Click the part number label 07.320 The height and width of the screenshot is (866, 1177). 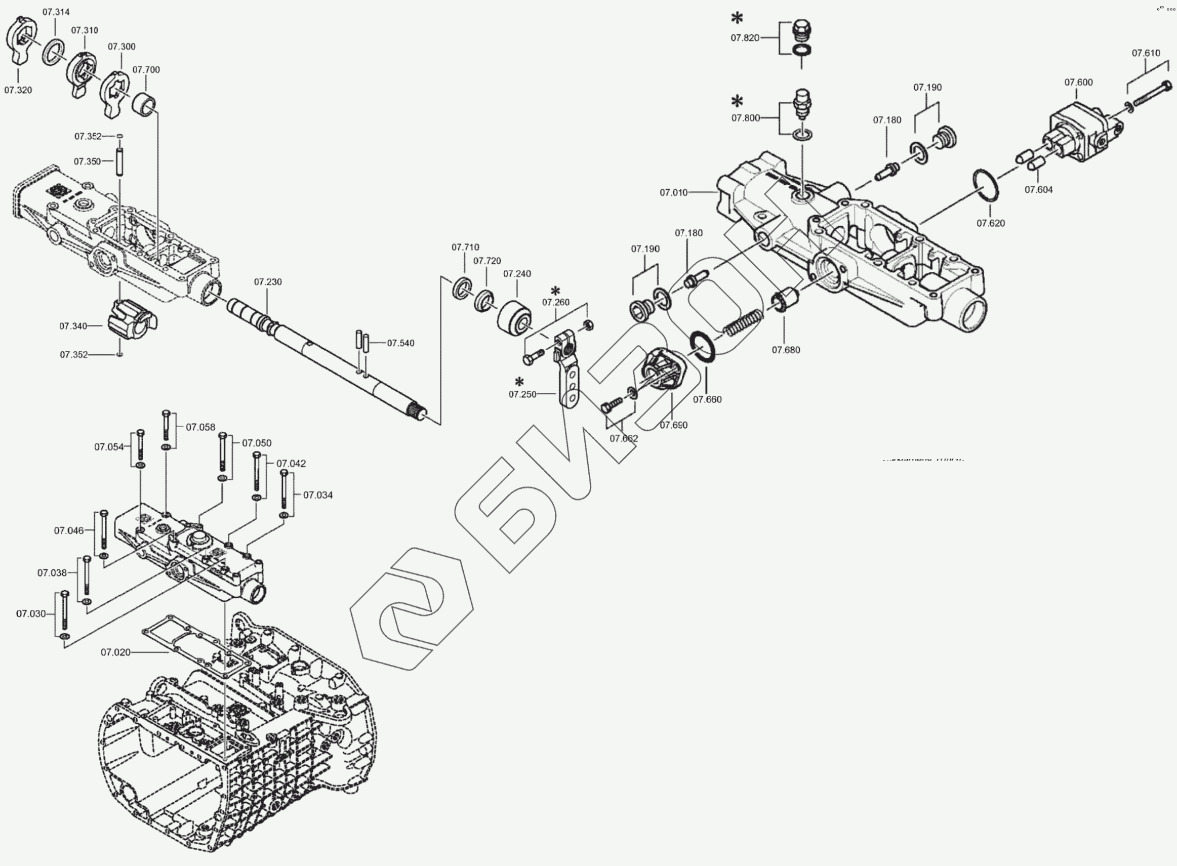[18, 90]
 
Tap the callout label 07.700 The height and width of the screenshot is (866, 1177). [146, 70]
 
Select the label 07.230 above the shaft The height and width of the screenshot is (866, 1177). [268, 282]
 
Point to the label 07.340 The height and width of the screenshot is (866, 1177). [73, 326]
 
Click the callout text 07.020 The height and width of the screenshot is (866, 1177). [115, 652]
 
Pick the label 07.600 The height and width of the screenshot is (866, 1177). [1078, 83]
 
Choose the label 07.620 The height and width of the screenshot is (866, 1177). [990, 223]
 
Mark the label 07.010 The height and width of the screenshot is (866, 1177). [673, 193]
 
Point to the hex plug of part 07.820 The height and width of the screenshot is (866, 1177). [801, 29]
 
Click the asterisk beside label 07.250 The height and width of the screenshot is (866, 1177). [519, 382]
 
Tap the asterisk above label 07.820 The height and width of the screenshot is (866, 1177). [737, 18]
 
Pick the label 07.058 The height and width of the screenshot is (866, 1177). [200, 427]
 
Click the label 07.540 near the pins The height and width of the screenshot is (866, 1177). [400, 343]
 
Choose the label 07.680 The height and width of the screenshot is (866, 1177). [785, 350]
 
